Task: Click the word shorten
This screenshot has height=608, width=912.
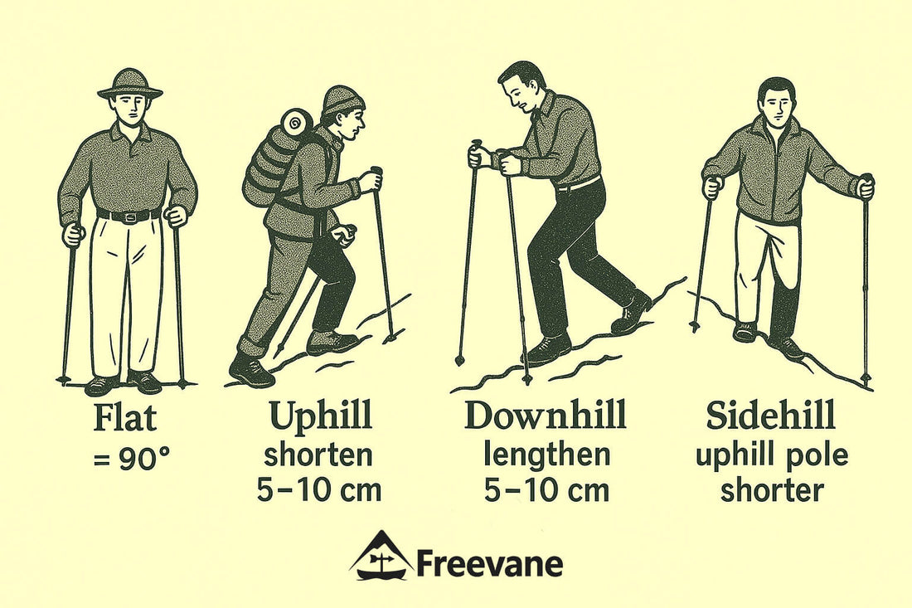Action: pyautogui.click(x=318, y=455)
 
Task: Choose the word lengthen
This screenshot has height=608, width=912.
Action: pyautogui.click(x=546, y=455)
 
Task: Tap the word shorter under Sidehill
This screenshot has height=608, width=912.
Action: pyautogui.click(x=772, y=489)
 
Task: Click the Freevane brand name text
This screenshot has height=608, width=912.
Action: pyautogui.click(x=489, y=564)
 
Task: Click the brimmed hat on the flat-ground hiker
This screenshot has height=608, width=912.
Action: pyautogui.click(x=129, y=84)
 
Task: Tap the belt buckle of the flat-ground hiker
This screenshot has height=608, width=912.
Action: pyautogui.click(x=129, y=217)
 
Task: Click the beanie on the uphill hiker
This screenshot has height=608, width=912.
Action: pyautogui.click(x=342, y=100)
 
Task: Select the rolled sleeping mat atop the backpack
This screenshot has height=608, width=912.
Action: pyautogui.click(x=296, y=123)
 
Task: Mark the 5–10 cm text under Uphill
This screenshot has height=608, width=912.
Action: pyautogui.click(x=318, y=489)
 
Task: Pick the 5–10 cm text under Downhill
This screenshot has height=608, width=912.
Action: pyautogui.click(x=546, y=489)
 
